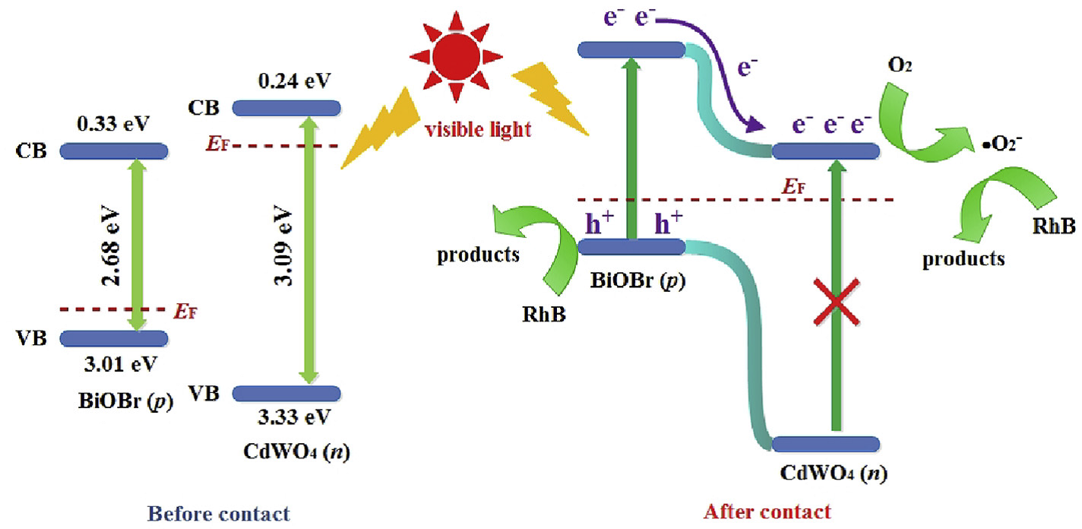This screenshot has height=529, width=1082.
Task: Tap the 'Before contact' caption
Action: (x=219, y=514)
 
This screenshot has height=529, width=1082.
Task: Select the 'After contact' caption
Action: (x=767, y=512)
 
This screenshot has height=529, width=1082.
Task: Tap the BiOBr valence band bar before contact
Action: (x=114, y=338)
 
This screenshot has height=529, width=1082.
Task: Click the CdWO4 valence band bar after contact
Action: (x=826, y=444)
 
